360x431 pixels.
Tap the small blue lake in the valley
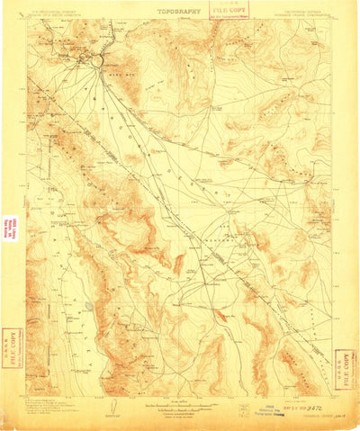pos(89,305)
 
